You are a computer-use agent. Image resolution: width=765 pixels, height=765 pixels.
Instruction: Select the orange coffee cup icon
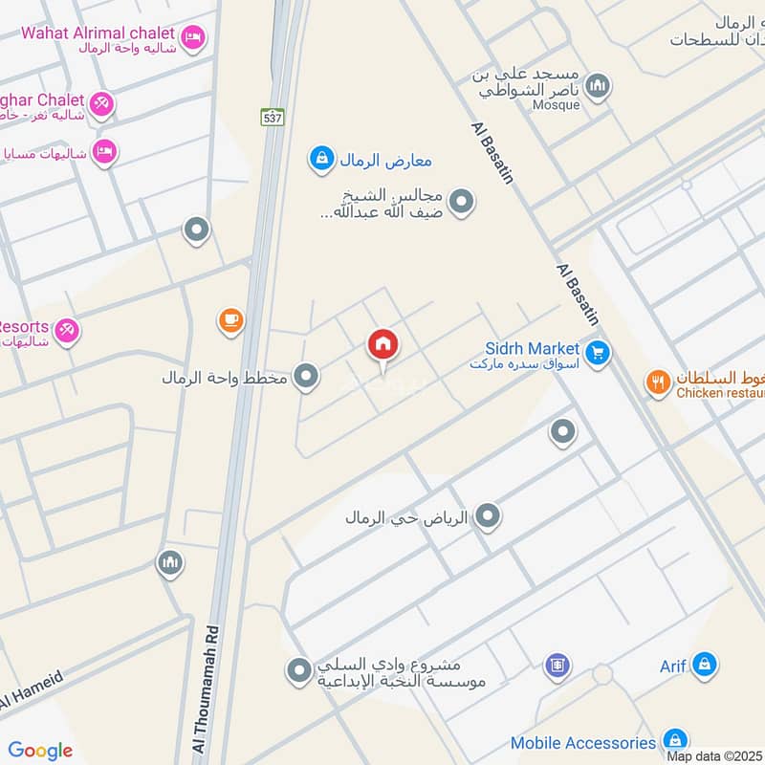tap(230, 321)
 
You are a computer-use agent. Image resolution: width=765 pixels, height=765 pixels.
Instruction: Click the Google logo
tap(40, 751)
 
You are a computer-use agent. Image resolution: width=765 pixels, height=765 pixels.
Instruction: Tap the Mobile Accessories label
tap(583, 743)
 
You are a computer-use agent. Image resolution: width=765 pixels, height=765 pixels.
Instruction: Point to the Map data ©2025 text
tap(713, 756)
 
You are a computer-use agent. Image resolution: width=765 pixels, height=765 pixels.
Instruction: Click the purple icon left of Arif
tap(557, 665)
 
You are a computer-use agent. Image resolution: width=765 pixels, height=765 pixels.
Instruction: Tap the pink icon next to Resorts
tap(66, 330)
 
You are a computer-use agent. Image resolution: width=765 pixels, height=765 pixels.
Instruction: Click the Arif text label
tap(672, 666)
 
